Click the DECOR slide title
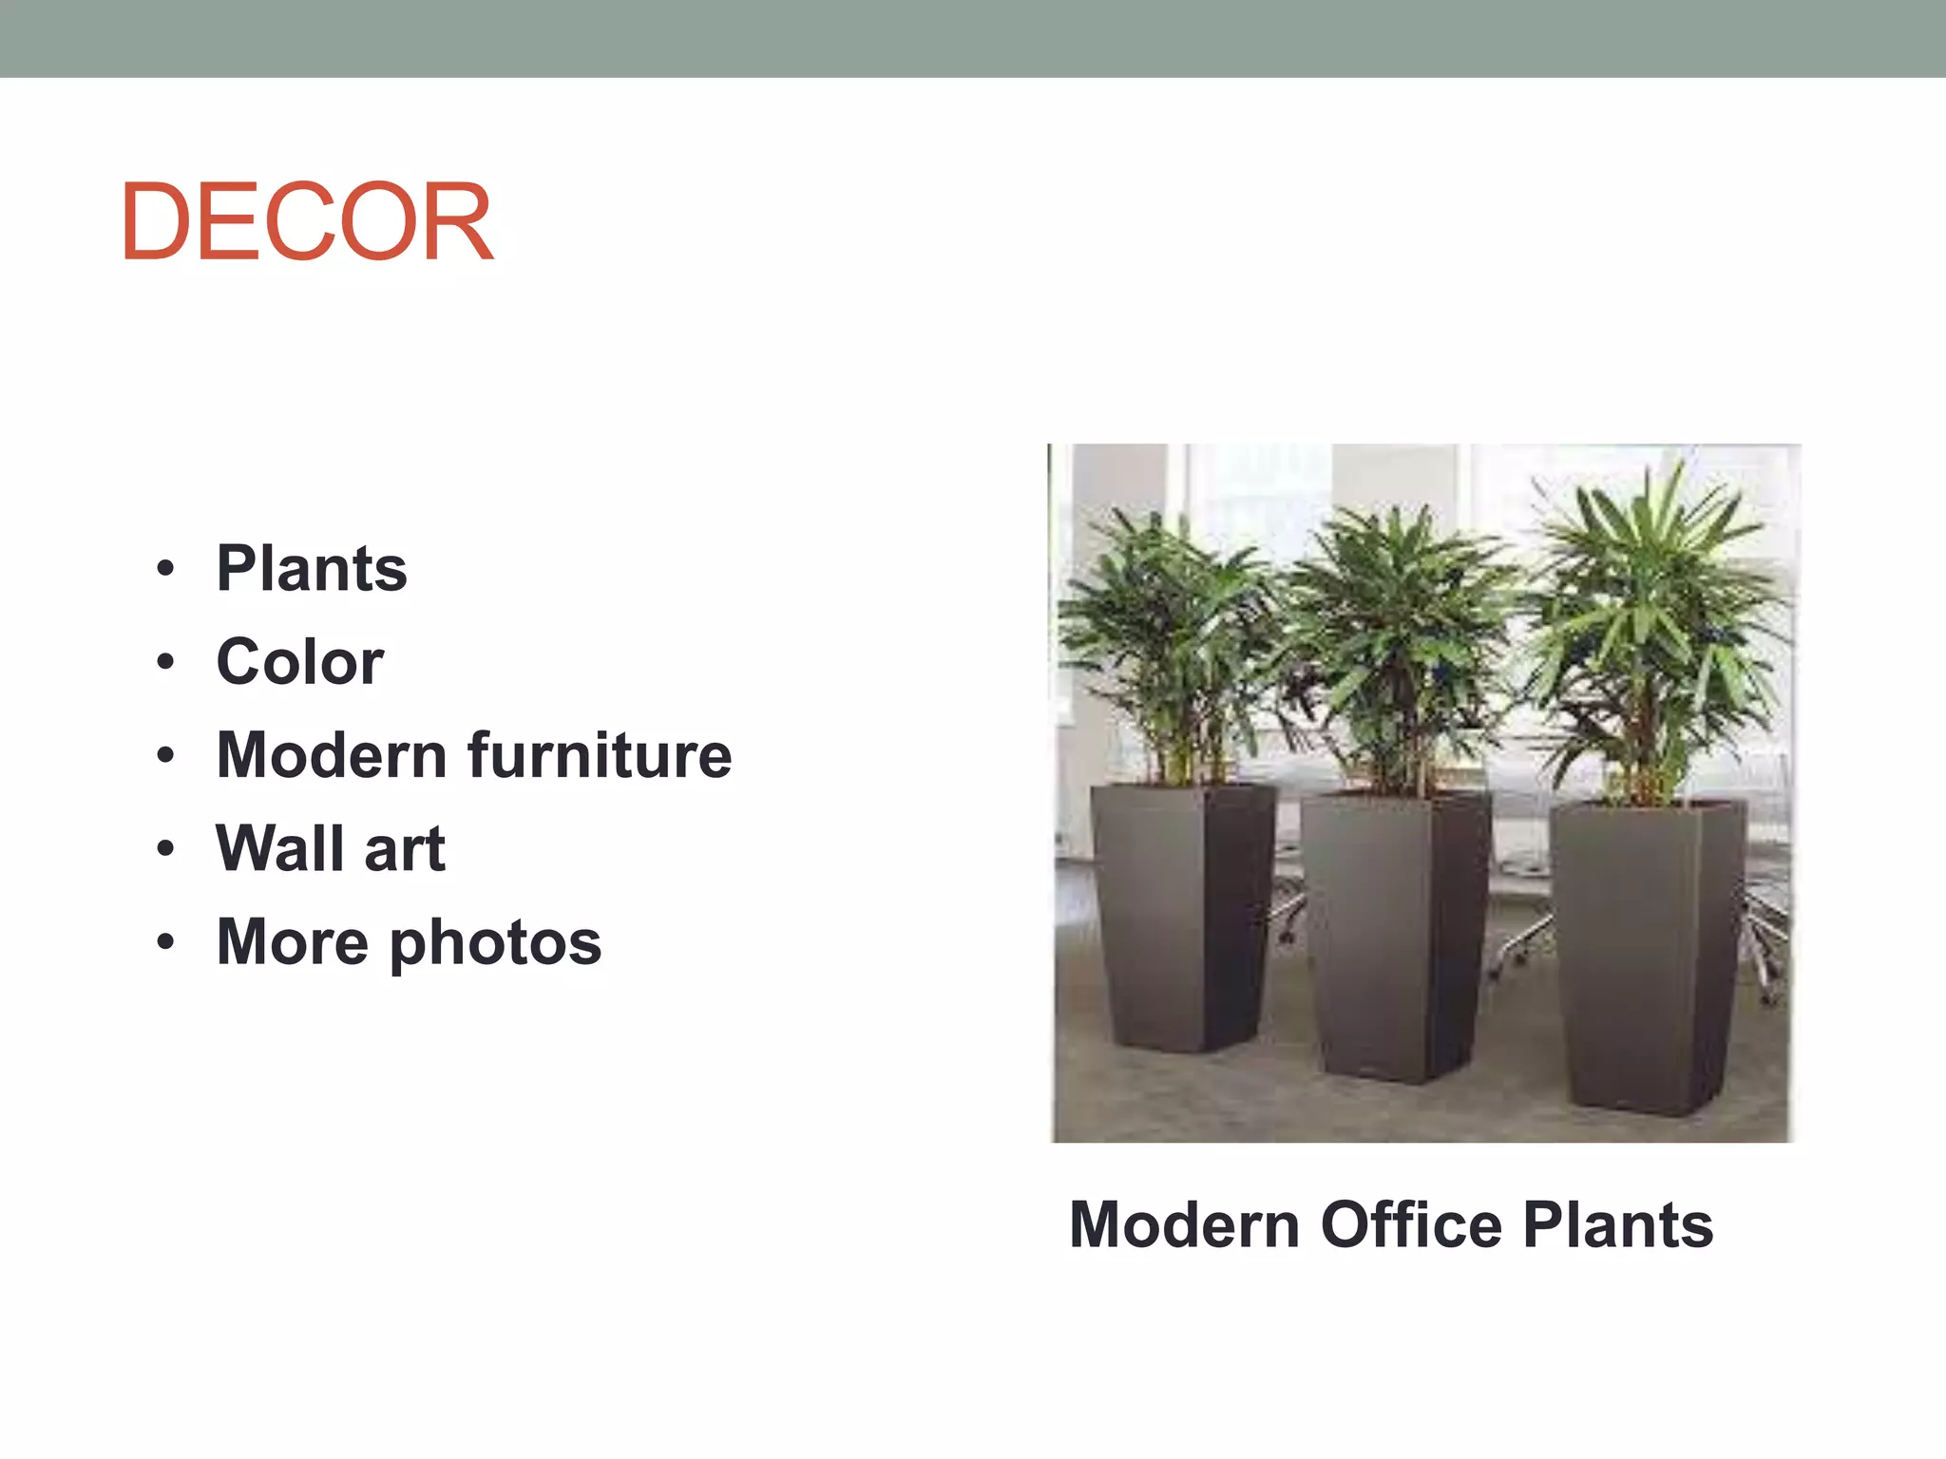pyautogui.click(x=306, y=222)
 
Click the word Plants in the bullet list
pyautogui.click(x=312, y=569)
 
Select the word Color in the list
pyautogui.click(x=300, y=662)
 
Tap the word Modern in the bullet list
pyautogui.click(x=332, y=756)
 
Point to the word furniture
pyautogui.click(x=600, y=756)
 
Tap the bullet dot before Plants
pyautogui.click(x=166, y=569)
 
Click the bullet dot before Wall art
pyautogui.click(x=166, y=848)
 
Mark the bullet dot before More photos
pyautogui.click(x=166, y=942)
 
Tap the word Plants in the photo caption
pyautogui.click(x=1618, y=1225)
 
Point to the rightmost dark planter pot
pyautogui.click(x=1649, y=955)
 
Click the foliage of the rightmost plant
pyautogui.click(x=1658, y=617)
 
